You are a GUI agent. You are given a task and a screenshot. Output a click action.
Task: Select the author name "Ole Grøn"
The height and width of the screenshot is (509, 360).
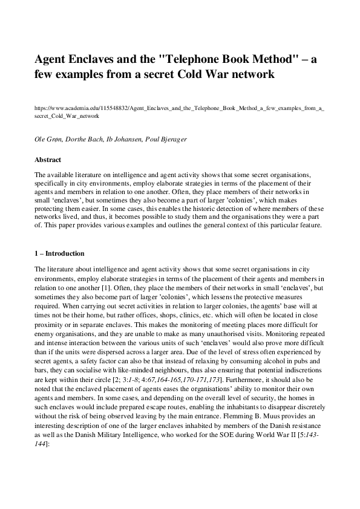50,140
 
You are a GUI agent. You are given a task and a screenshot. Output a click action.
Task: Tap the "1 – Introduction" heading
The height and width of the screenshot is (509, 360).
59,253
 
